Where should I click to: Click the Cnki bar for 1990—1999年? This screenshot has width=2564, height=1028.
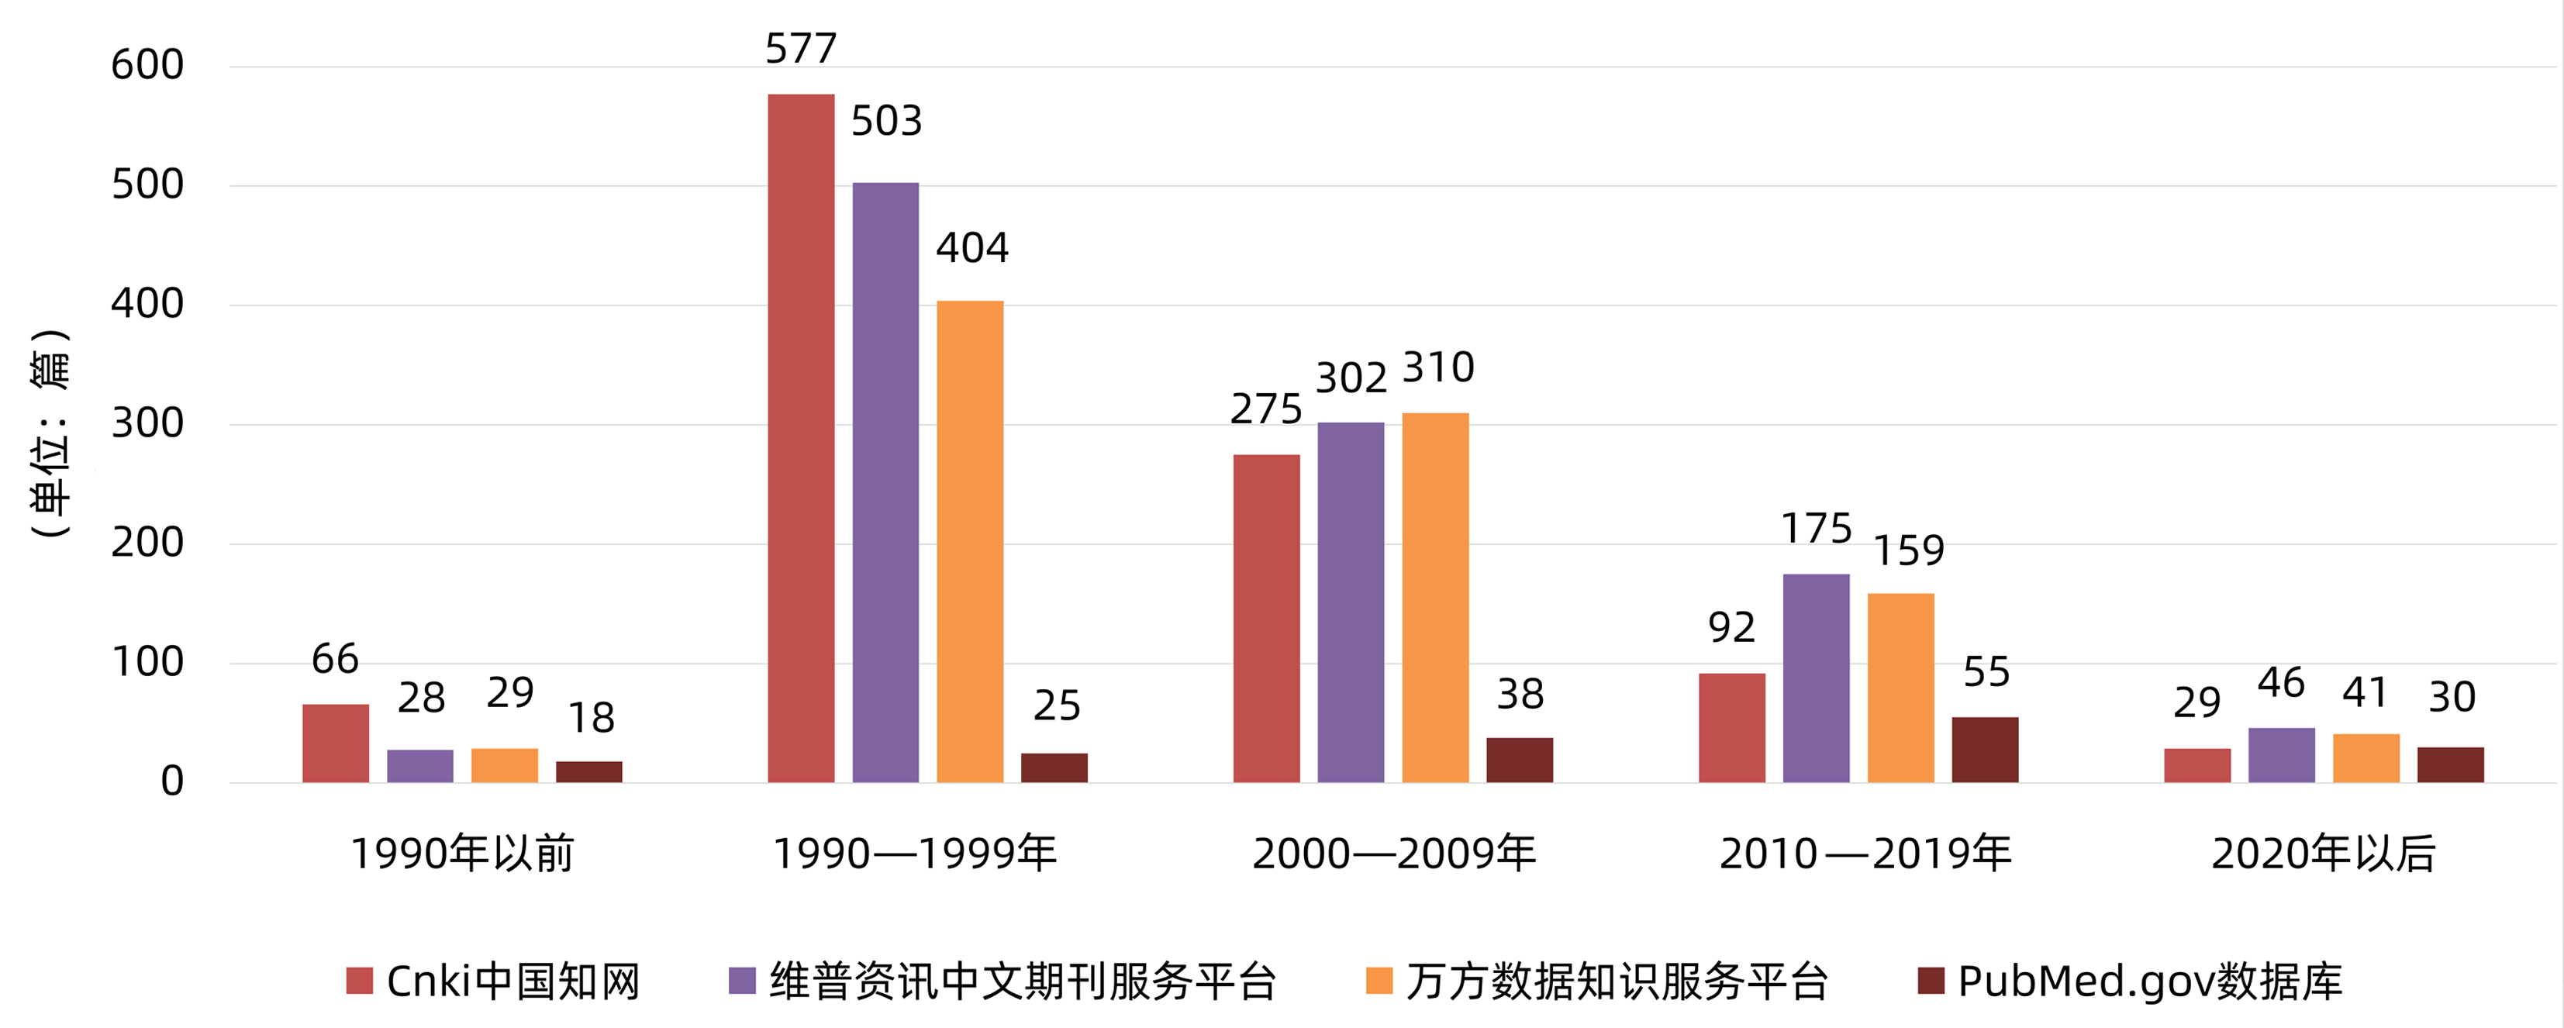point(800,438)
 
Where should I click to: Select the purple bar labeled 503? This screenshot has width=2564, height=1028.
point(885,483)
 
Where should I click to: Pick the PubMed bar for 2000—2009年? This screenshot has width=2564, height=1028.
point(1519,761)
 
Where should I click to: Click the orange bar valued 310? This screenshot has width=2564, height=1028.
point(1434,597)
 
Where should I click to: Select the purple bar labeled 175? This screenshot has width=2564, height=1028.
point(1816,678)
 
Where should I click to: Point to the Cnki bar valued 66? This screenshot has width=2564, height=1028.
point(336,743)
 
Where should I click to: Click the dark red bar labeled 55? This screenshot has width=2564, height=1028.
point(1985,750)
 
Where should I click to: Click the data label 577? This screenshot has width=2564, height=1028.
point(800,48)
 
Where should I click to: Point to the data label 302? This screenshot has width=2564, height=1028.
point(1351,378)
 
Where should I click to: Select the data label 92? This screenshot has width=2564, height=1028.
point(1731,627)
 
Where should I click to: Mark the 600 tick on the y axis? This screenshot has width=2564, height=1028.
point(147,66)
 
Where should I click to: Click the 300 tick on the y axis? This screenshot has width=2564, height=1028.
point(147,424)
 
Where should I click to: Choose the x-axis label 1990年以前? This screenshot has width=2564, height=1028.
point(463,854)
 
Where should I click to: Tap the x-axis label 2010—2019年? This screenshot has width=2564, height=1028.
point(1865,854)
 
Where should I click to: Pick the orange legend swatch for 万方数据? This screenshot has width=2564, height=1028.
point(1379,981)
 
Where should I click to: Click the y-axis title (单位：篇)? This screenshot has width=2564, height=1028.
point(50,433)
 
